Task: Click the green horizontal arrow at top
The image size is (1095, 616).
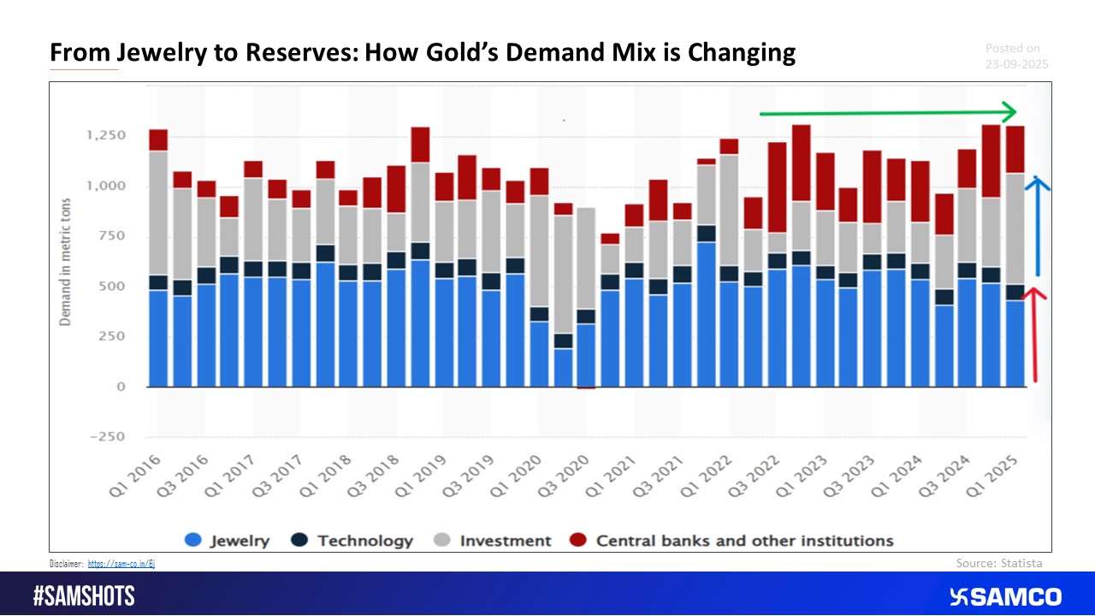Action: tap(885, 113)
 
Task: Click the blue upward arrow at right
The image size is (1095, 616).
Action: tap(1037, 227)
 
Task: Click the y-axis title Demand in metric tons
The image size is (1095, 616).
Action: tap(65, 261)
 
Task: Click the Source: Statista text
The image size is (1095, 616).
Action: tap(998, 563)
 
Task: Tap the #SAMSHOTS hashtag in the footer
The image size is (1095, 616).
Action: tap(84, 596)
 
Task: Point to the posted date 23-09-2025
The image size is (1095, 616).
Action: tap(1016, 64)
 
